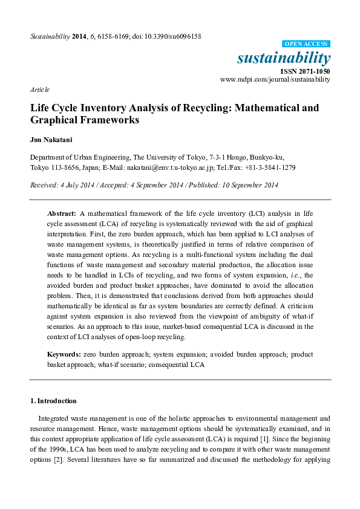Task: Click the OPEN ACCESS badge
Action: (306, 44)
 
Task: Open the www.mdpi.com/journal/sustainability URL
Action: (275, 79)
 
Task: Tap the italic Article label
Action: (39, 89)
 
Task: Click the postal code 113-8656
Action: (64, 167)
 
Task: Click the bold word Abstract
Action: (62, 214)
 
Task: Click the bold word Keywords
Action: (64, 354)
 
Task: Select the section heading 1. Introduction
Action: (53, 401)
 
